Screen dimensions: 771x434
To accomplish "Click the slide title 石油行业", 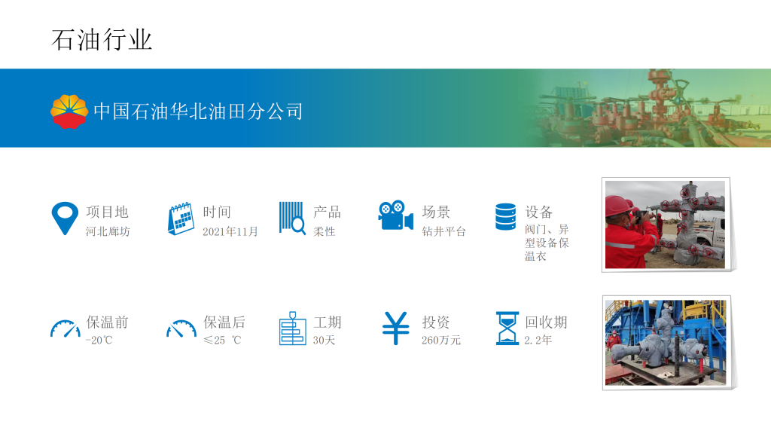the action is pos(102,40).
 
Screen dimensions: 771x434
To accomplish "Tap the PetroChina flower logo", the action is pos(69,112).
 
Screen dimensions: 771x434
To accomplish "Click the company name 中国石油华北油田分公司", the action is pos(198,112).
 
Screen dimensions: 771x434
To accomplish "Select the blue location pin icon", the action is pos(65,218).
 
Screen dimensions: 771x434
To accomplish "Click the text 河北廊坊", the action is pos(108,231).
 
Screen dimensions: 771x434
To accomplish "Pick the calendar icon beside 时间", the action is pos(181,219).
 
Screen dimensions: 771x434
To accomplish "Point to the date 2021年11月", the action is pos(230,231).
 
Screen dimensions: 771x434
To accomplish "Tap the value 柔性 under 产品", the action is pos(324,231).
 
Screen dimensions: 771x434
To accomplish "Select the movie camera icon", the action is pos(395,215).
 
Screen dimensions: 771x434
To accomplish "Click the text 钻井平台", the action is pos(443,231).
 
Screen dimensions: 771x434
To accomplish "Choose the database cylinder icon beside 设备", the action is pos(505,217).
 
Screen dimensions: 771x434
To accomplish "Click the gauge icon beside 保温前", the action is pos(66,329).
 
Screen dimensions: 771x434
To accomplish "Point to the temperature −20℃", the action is pos(99,340).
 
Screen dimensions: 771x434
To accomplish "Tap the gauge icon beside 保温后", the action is pos(181,329).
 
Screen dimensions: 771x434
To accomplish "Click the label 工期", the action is pos(328,322).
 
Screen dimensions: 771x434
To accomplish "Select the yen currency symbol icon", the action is pos(396,329).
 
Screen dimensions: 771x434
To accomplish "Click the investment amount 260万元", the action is pos(441,340).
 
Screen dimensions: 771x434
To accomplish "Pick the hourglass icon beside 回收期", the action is pos(507,329).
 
